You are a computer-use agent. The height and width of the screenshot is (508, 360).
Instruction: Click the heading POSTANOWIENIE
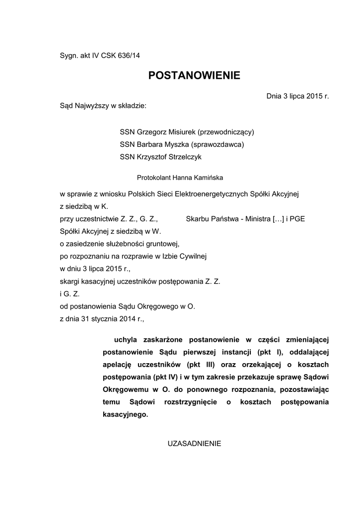coord(194,75)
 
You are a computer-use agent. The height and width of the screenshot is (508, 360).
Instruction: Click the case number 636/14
coord(129,56)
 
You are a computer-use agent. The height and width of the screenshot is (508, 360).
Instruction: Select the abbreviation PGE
coord(297,218)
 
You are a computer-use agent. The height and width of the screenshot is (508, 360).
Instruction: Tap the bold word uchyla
coord(126,339)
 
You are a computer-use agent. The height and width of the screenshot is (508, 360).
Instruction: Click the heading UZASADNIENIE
coord(194,443)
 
